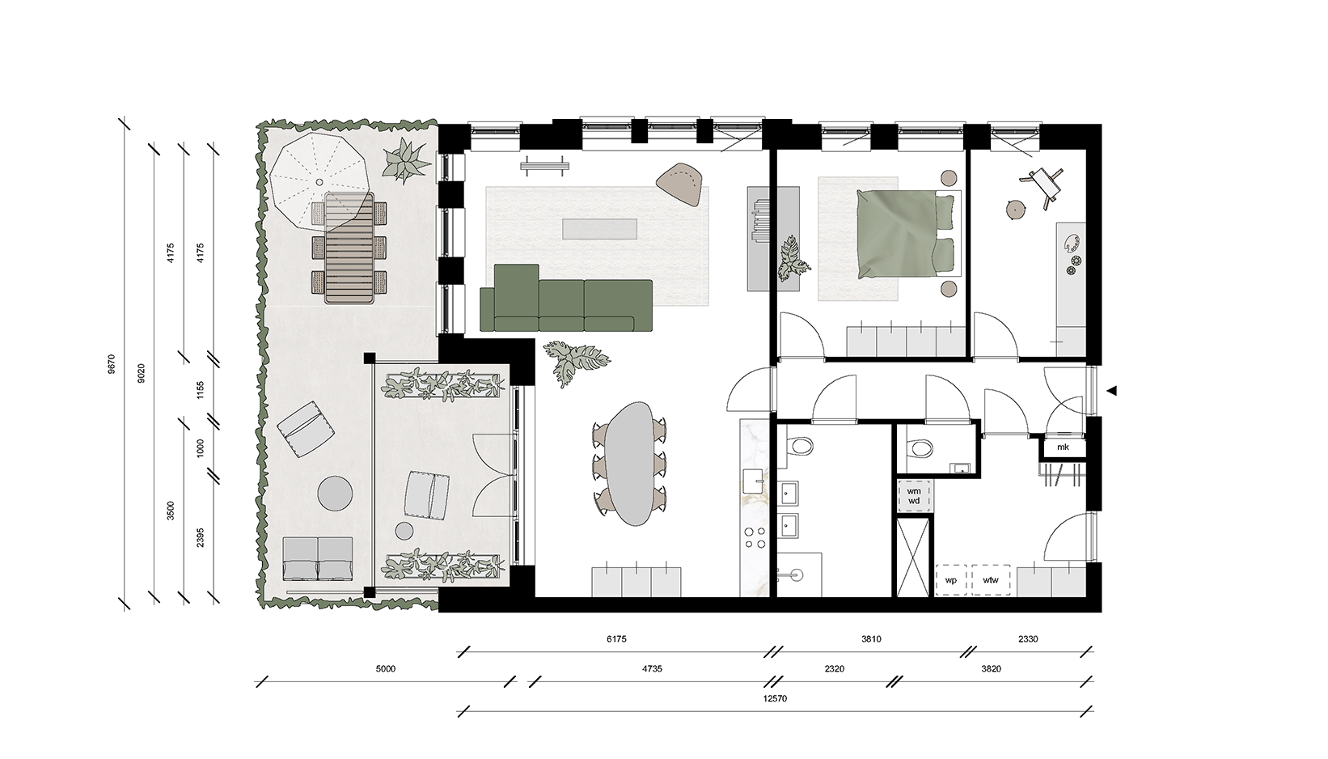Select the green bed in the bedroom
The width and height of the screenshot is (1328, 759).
tap(907, 234)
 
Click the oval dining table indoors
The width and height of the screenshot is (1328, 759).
tap(629, 463)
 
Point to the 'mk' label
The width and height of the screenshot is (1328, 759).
tap(1063, 447)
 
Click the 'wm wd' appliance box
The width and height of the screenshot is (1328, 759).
tap(914, 496)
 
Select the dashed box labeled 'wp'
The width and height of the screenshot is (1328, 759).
tap(952, 579)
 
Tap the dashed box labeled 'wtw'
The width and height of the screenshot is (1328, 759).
tap(991, 579)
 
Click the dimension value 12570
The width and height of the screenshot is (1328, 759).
tap(775, 698)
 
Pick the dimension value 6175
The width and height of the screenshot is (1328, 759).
tap(616, 639)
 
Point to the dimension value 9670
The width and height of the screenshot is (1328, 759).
tap(112, 363)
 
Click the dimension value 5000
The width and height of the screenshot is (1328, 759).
tap(385, 669)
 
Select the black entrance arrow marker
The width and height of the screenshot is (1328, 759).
tap(1112, 391)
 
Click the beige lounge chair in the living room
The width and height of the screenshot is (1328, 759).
tap(680, 183)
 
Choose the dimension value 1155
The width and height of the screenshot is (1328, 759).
tap(201, 389)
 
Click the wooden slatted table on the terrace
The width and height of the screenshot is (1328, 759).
tap(349, 248)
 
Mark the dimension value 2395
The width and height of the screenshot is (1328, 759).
tap(201, 537)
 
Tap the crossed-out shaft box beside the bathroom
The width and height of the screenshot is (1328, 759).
tap(913, 558)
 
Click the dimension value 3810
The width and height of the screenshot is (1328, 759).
tap(871, 639)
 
